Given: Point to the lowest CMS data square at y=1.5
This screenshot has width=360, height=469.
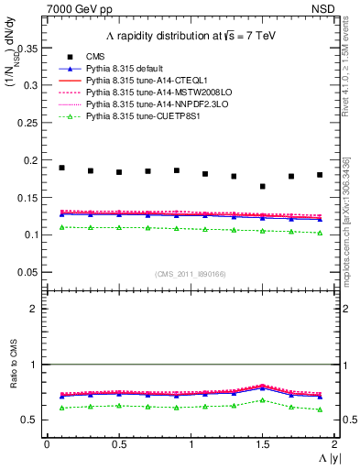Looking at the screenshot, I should click(262, 186).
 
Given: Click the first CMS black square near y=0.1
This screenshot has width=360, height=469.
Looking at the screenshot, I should click(61, 168).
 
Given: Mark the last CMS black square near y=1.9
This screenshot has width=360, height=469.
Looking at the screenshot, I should click(320, 174).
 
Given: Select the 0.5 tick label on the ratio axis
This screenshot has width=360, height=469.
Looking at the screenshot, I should click(32, 420).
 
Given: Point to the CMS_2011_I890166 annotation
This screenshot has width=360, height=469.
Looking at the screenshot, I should click(190, 274).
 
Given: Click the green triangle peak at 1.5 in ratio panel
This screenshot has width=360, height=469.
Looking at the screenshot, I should click(262, 399).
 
